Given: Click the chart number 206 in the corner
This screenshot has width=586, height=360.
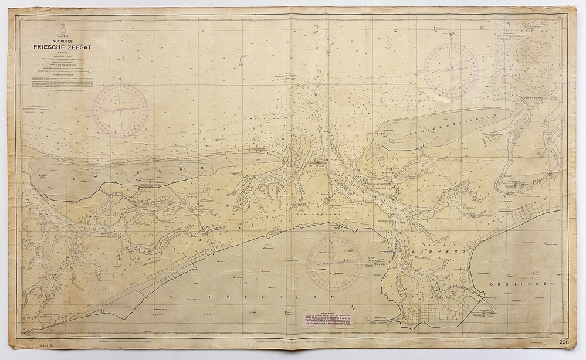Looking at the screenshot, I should tap(564, 342).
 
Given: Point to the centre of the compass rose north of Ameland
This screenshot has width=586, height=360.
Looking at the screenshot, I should tap(120, 110).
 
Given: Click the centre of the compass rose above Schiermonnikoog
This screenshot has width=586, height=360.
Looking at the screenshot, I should tap(450, 70).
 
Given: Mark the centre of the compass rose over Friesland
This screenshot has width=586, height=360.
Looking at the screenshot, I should tap(334, 264).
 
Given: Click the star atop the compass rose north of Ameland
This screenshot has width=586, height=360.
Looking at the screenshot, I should tap(120, 80).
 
